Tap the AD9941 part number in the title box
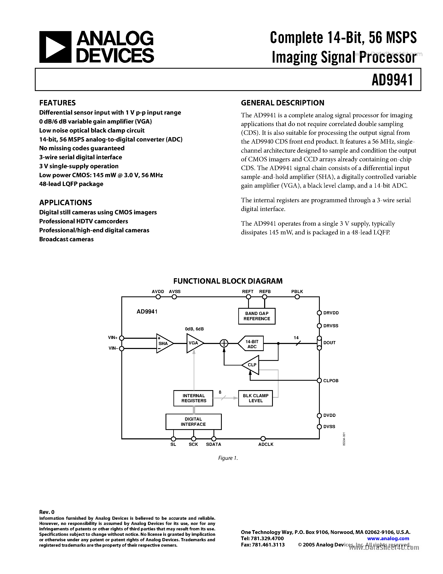(x=392, y=80)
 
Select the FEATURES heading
(x=58, y=103)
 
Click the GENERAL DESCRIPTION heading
(x=282, y=103)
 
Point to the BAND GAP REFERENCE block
(x=257, y=316)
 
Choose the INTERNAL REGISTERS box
(x=193, y=398)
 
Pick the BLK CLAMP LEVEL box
(x=255, y=398)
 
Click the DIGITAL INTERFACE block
(x=193, y=422)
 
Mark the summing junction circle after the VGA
(x=224, y=343)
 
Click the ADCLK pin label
(x=266, y=444)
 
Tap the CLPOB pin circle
(x=319, y=381)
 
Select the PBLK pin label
(x=297, y=291)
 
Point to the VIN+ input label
(x=113, y=338)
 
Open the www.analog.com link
(x=388, y=538)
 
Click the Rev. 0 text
(x=47, y=512)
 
